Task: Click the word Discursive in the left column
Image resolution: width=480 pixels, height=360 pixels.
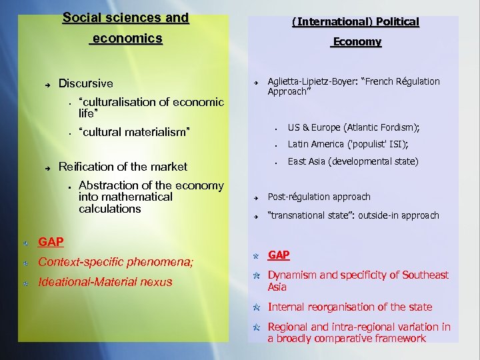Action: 86,84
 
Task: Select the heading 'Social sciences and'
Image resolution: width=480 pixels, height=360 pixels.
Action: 125,18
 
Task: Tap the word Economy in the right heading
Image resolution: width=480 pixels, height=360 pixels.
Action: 357,42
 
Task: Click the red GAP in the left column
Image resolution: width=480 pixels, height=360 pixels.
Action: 51,241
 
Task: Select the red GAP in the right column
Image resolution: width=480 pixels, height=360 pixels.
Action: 279,255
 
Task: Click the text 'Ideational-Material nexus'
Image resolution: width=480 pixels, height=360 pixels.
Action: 105,282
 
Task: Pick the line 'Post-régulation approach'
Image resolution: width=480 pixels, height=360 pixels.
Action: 319,197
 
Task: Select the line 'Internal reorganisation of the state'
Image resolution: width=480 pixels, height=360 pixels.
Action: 349,307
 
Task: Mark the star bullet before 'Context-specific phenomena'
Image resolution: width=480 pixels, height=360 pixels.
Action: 25,263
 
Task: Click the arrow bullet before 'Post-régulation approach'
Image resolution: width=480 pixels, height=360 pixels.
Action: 255,197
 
